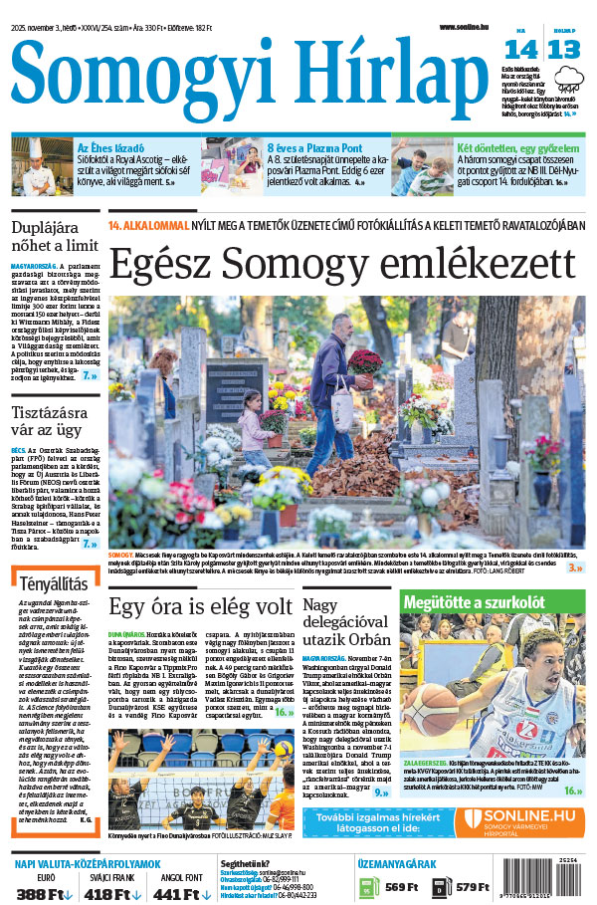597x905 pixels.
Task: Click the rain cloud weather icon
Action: tap(571, 78)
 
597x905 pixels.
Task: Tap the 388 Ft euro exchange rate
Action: tap(37, 894)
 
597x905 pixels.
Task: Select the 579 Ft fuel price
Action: tap(473, 887)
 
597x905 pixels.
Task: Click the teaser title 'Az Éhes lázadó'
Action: tap(104, 147)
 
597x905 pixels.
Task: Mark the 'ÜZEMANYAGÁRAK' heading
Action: tap(427, 865)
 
